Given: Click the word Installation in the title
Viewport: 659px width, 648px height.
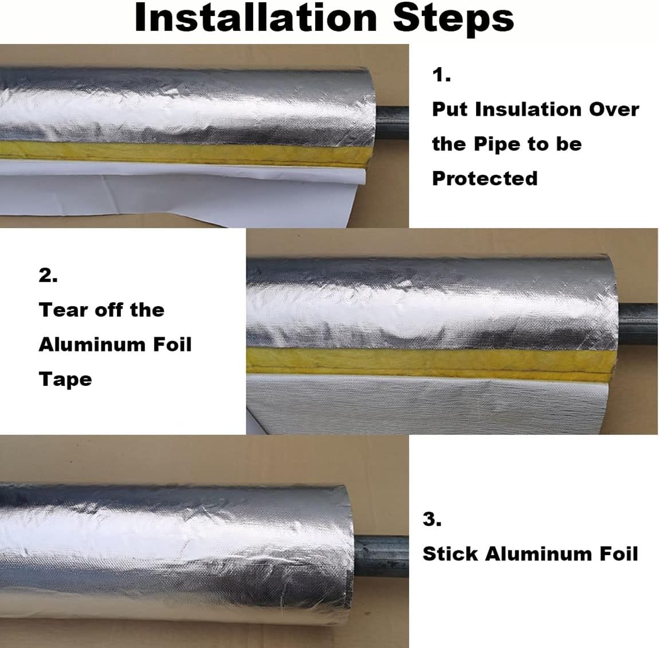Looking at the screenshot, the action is coord(256,18).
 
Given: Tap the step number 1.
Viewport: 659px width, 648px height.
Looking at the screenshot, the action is coord(441,75).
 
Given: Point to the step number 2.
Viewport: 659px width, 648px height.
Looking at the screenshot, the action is coord(48,275).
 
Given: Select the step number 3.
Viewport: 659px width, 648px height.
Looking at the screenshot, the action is coord(432,519).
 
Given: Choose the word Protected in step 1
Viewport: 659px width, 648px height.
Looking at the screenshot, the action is coord(485,178).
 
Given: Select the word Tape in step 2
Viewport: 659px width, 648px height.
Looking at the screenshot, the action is coord(65,380).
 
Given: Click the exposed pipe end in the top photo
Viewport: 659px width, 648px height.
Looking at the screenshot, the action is coord(392,123).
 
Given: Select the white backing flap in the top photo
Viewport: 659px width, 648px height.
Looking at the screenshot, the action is coord(181,192).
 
